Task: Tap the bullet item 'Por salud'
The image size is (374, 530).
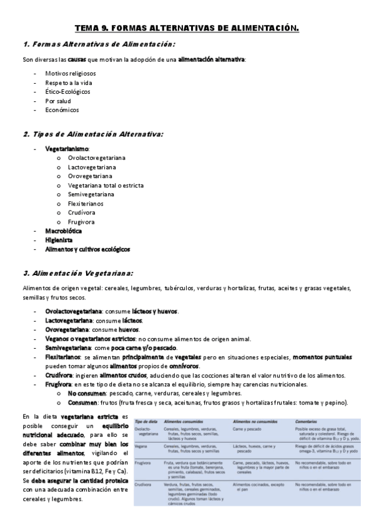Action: pos(58,101)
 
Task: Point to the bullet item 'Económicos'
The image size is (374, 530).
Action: pos(62,109)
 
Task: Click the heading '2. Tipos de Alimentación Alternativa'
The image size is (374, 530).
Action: pos(93,134)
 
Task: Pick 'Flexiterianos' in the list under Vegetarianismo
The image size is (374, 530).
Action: pos(86,203)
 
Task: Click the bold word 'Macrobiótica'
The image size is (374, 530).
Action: pos(65,231)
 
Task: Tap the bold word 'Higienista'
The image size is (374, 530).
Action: pos(59,239)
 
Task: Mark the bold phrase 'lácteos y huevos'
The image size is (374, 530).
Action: pos(155,311)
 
